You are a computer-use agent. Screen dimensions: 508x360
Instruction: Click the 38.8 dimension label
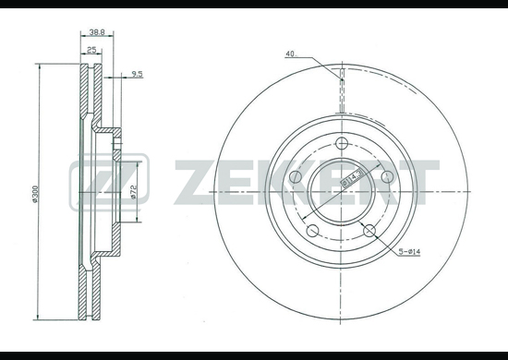[x=97, y=32]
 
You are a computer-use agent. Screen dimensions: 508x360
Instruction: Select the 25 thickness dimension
[x=91, y=50]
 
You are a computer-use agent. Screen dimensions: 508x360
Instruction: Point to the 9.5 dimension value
[x=137, y=74]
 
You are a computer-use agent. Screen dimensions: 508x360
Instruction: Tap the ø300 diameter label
[x=35, y=194]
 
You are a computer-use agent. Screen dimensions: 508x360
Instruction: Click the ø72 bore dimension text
[x=134, y=192]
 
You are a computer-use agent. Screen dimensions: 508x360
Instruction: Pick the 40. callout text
[x=291, y=54]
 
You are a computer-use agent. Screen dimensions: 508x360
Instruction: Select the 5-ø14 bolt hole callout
[x=409, y=252]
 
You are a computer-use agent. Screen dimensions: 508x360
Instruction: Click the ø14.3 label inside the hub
[x=352, y=177]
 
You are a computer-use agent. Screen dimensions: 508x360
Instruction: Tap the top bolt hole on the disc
[x=342, y=143]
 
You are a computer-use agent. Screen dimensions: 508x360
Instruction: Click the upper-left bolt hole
[x=296, y=176]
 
